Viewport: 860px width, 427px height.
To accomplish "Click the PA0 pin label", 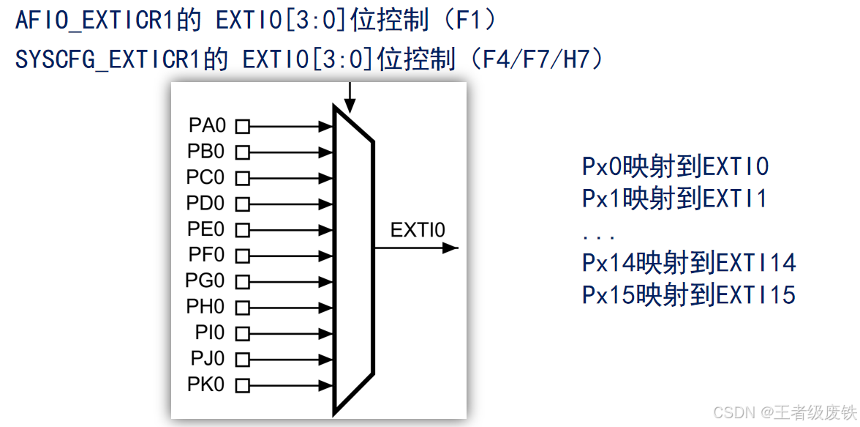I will [206, 126].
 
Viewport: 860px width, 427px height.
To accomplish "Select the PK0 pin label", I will [206, 385].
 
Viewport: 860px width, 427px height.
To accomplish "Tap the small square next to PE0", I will [242, 230].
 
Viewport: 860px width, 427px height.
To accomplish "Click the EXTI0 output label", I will [418, 230].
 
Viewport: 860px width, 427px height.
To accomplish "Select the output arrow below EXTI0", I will [416, 248].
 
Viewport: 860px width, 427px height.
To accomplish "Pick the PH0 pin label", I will [206, 307].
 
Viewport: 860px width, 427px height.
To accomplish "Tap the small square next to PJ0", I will [242, 359].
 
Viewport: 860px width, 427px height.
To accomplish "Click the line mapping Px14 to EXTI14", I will [689, 262].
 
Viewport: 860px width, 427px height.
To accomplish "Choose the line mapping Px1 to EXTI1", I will [675, 198].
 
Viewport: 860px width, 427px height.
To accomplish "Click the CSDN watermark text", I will [783, 412].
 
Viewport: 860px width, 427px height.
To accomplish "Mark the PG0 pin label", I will [206, 281].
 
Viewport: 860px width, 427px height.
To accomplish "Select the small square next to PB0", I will [242, 152].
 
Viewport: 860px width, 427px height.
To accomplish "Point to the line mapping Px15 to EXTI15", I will [689, 295].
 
